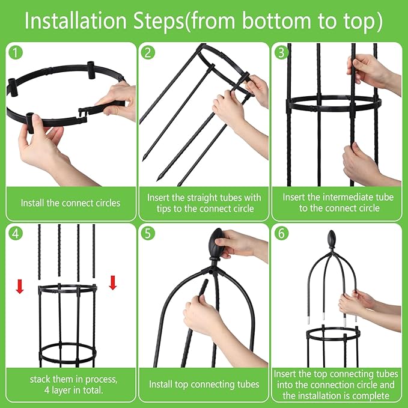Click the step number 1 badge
[15, 52]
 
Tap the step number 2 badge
[148, 52]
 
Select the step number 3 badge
[280, 52]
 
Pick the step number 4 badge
[15, 233]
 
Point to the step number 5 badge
[148, 233]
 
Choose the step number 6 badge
[280, 233]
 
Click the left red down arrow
[20, 285]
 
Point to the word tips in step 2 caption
[158, 209]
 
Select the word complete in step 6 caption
[371, 395]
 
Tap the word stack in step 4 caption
[41, 379]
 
